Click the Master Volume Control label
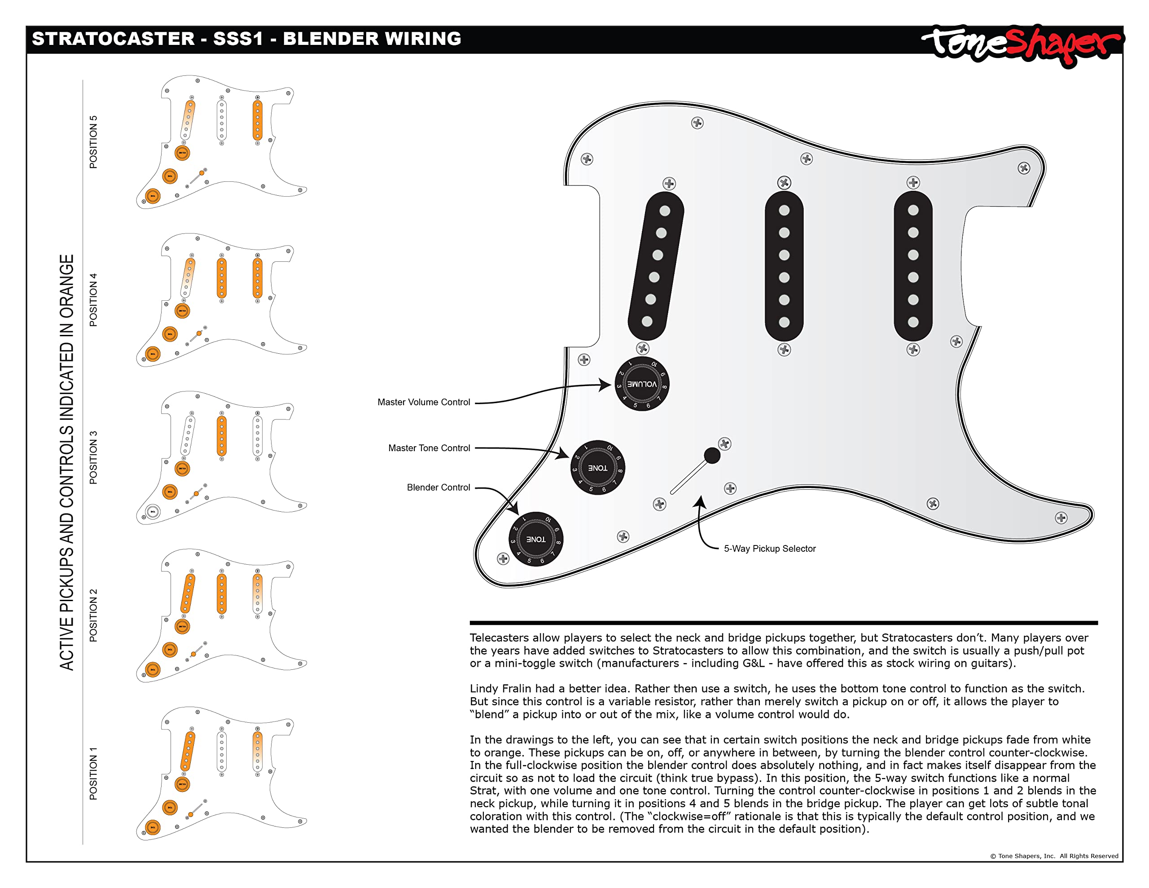(424, 402)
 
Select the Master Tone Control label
(429, 448)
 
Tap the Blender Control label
(438, 488)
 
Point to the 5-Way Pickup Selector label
(769, 549)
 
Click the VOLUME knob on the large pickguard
(642, 384)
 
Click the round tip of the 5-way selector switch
(712, 455)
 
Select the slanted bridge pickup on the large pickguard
(656, 266)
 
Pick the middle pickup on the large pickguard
(784, 266)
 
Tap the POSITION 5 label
(93, 142)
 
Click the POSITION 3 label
(93, 457)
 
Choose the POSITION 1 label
(93, 773)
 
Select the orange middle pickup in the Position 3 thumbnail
(221, 436)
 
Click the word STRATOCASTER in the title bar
(113, 39)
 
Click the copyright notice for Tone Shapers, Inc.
(1054, 856)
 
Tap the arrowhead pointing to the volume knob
(606, 385)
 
